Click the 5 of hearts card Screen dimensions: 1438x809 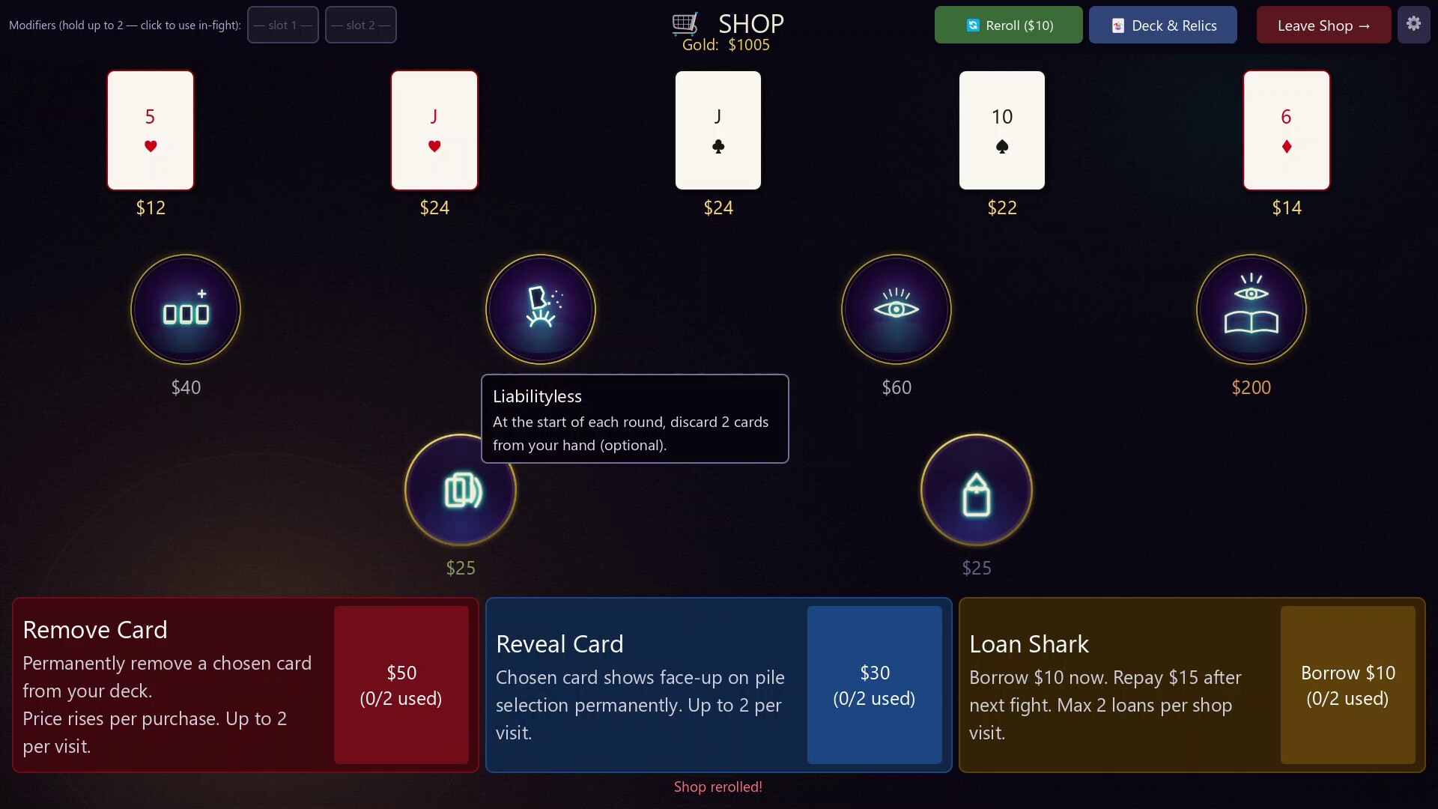[151, 130]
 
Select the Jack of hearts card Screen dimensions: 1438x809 [434, 130]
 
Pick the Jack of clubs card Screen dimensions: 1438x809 [718, 130]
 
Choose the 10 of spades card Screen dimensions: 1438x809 [1002, 130]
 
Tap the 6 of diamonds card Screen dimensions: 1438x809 [1287, 130]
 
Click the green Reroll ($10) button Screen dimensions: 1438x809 [1008, 25]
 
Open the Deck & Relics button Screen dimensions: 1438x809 [1163, 25]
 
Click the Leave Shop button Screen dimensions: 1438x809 [1323, 25]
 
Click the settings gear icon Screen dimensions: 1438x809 [1413, 24]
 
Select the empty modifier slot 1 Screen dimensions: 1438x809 [283, 25]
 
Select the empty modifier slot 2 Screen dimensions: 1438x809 [361, 25]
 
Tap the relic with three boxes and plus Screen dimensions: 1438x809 [186, 309]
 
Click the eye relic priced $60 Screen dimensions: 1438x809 [897, 309]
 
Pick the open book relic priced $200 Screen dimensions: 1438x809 [1252, 309]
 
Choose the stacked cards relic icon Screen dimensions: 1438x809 [461, 490]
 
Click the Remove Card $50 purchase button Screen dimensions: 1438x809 [401, 685]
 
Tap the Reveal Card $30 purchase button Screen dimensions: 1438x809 [875, 685]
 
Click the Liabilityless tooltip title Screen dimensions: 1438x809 [537, 396]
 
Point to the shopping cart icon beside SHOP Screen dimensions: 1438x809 [685, 24]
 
